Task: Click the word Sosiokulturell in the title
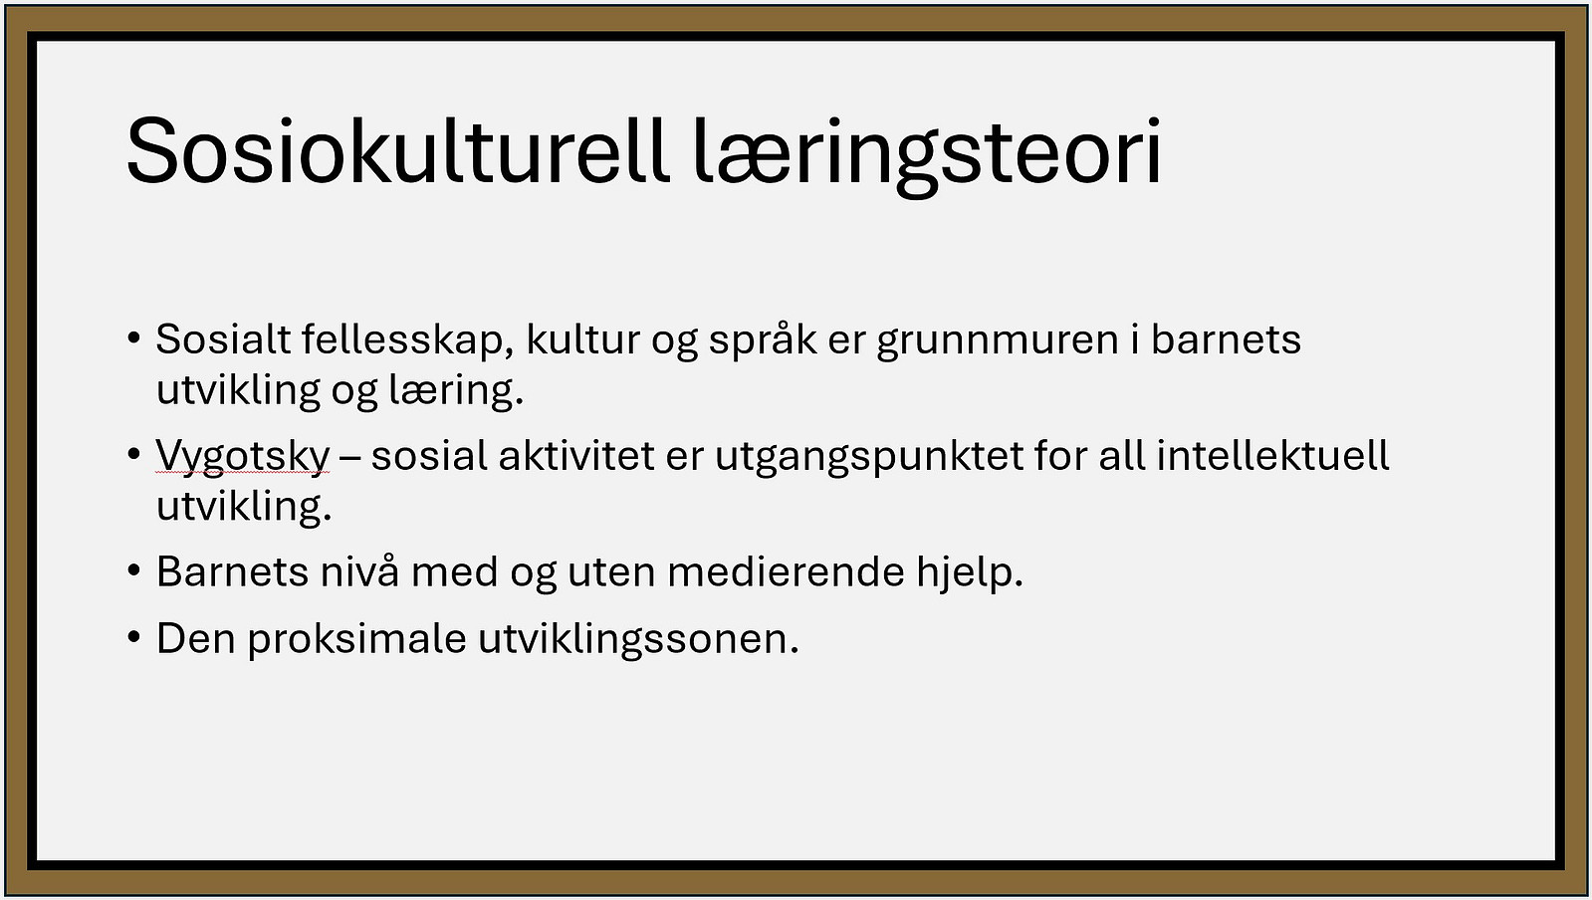point(398,152)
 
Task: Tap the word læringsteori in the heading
point(928,156)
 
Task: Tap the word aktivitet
point(576,456)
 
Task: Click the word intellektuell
point(1272,456)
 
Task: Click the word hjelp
point(970,573)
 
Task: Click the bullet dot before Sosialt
point(134,337)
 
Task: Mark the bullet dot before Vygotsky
point(134,454)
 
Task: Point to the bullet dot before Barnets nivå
point(134,569)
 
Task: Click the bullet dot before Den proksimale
point(134,636)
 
